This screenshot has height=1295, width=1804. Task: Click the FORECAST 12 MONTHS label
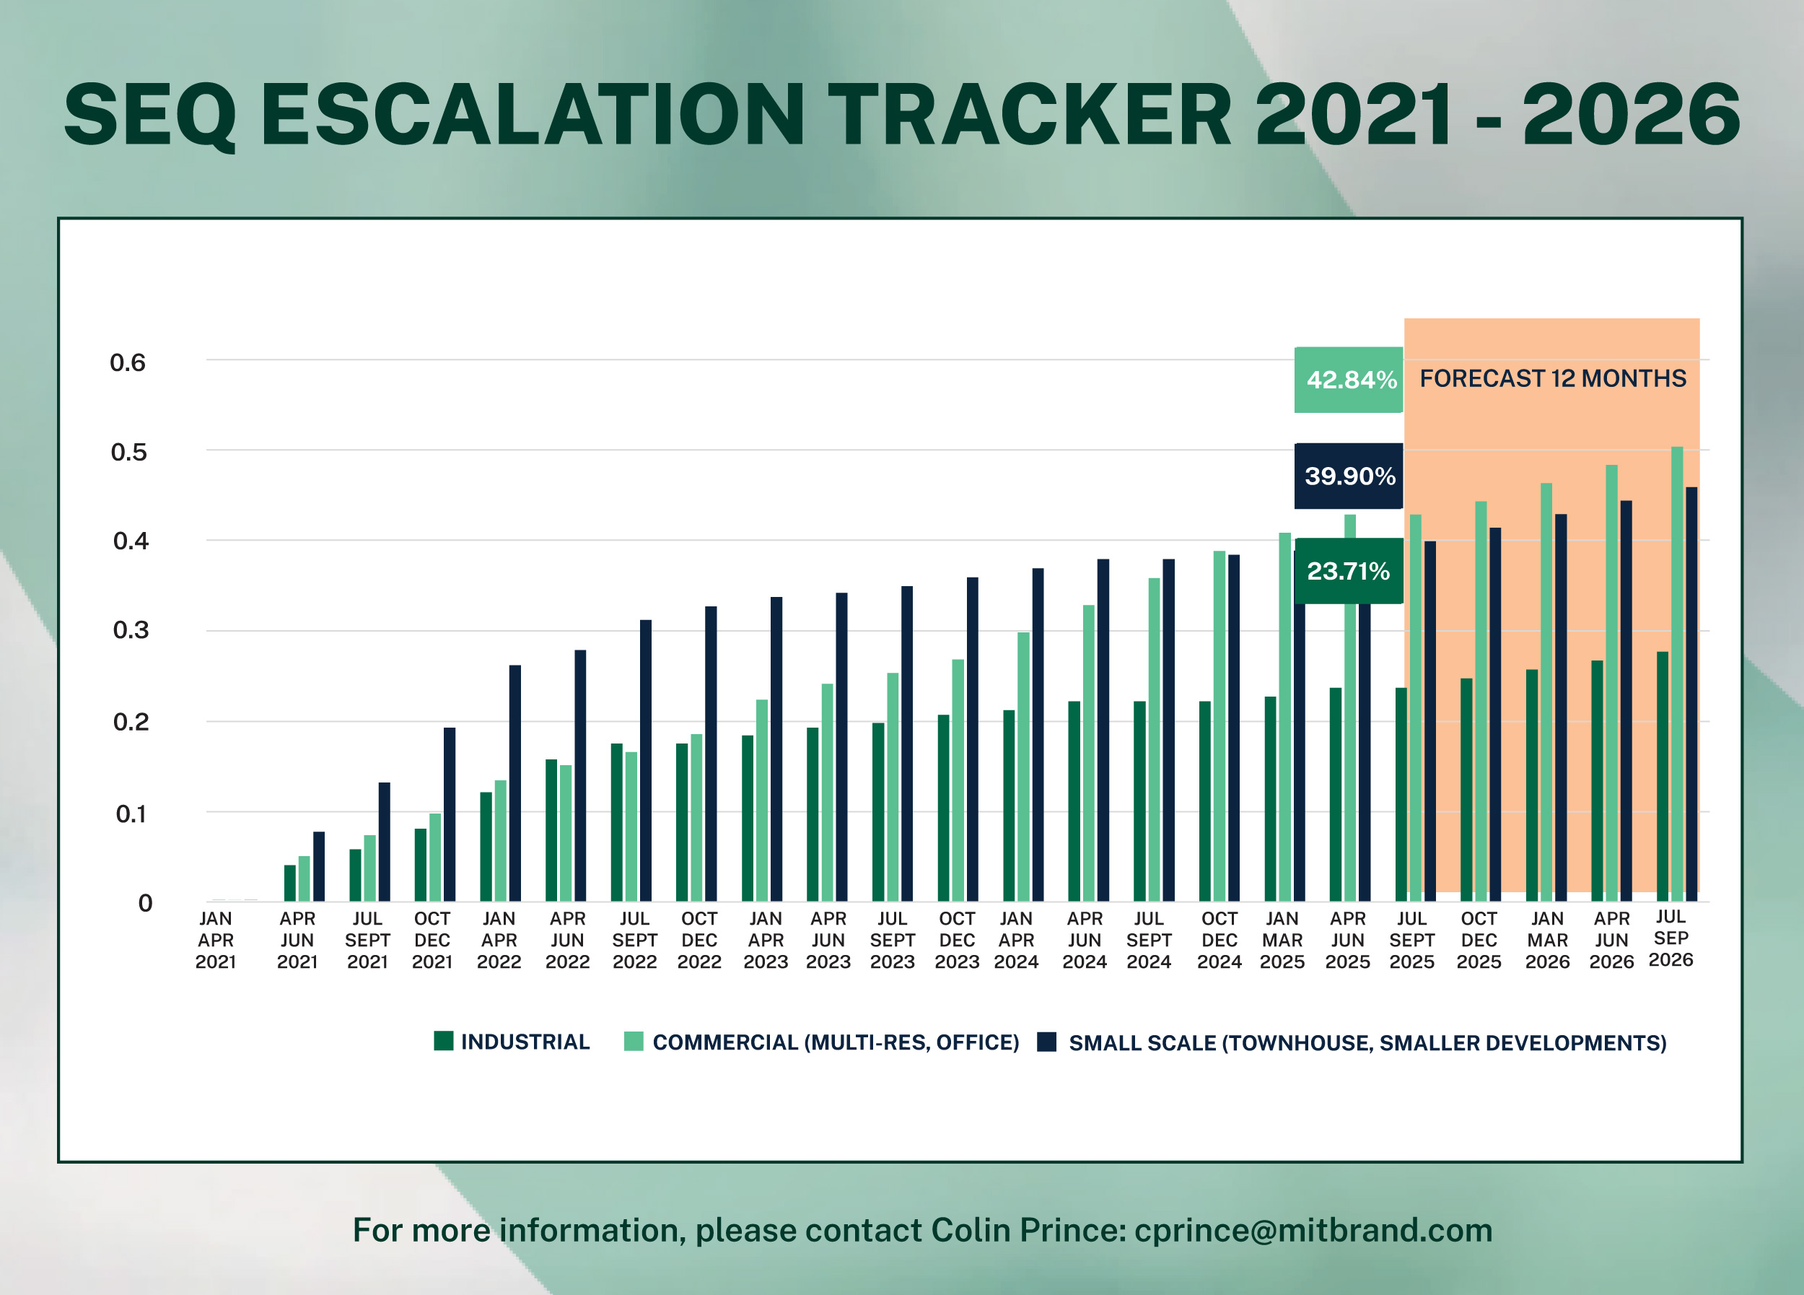tap(1552, 379)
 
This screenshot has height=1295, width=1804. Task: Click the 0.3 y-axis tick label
tap(131, 630)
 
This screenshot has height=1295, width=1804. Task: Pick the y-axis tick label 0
tap(145, 903)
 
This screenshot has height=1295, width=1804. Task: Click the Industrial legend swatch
tap(443, 1040)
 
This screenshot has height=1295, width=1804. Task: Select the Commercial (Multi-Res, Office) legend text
tap(835, 1042)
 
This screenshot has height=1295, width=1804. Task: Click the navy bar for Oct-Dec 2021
tap(450, 814)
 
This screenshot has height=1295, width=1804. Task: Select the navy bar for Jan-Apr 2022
tap(515, 782)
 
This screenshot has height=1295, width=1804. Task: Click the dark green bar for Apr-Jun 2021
tap(289, 883)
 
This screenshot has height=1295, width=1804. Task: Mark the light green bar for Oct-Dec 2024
tap(1220, 725)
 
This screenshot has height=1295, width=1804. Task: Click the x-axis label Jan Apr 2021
tap(216, 941)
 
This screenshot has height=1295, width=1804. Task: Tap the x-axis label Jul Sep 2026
tap(1671, 938)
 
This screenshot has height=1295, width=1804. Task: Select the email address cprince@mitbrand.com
tap(1313, 1231)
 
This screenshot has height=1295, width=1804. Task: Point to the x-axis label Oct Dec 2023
tap(956, 941)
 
